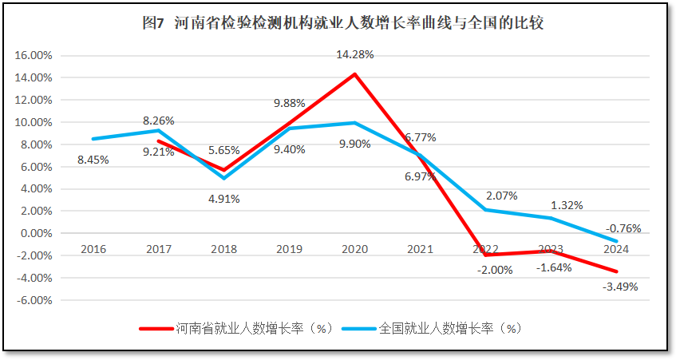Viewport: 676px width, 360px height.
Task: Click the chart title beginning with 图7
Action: pos(342,23)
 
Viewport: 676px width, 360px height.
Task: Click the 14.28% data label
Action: pos(354,54)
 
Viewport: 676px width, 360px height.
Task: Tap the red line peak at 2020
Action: pos(354,74)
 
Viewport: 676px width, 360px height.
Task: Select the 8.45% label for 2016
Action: pos(93,160)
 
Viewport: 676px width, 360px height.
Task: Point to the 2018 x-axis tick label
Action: pos(223,249)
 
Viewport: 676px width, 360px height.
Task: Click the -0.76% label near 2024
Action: pos(623,228)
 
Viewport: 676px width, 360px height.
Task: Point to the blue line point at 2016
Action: pos(93,139)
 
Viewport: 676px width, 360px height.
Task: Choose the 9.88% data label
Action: pos(289,103)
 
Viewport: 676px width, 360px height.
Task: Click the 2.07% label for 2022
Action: pos(501,196)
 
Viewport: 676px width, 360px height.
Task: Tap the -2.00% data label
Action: pos(496,270)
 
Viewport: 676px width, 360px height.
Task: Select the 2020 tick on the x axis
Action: pos(354,249)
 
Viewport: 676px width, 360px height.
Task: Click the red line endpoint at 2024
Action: pos(616,272)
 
